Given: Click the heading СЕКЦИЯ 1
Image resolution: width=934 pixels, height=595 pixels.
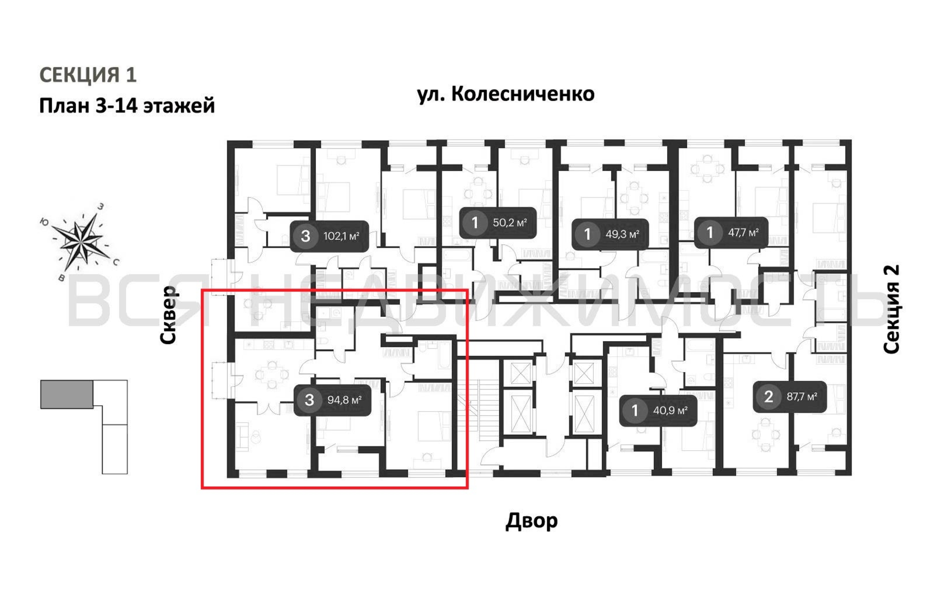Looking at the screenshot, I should click(x=88, y=75).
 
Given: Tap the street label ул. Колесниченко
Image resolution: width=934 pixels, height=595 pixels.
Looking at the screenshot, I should click(x=505, y=94).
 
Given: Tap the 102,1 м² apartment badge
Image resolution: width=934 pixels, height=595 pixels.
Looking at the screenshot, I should click(x=329, y=236).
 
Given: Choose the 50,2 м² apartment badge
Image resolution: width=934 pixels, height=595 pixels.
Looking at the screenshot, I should click(x=498, y=223).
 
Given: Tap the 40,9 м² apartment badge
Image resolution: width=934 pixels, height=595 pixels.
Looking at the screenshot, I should click(x=658, y=410).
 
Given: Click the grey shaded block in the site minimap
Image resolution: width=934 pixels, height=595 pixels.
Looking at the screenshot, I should click(x=67, y=394).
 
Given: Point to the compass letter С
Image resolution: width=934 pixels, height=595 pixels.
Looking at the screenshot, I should click(x=116, y=262).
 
